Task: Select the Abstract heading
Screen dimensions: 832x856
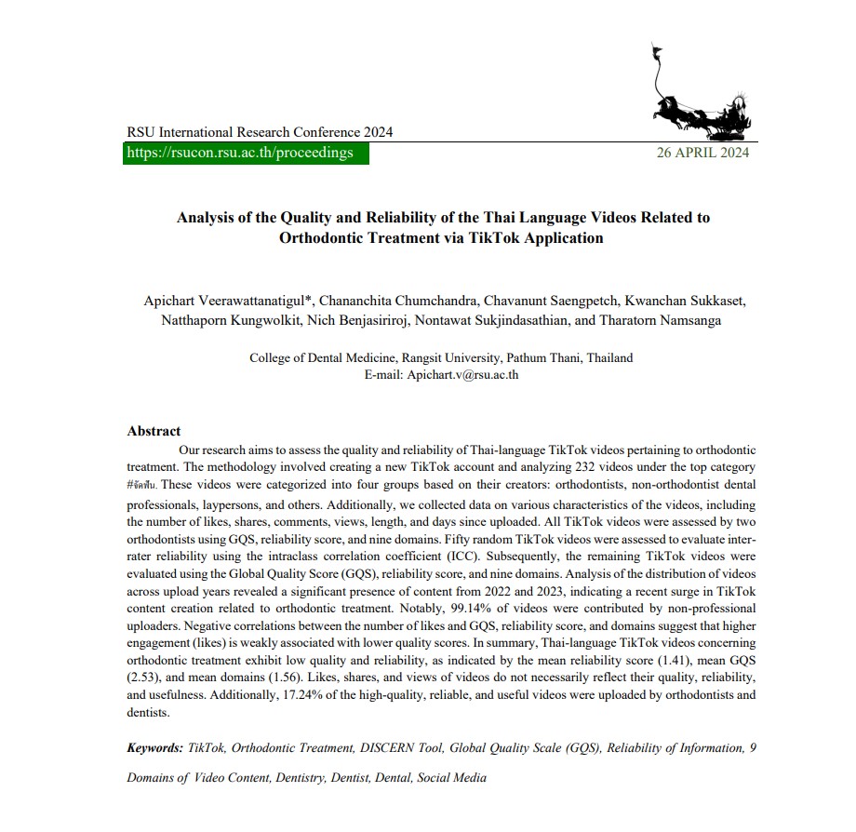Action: click(154, 431)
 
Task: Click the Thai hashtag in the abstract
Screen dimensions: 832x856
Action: click(143, 484)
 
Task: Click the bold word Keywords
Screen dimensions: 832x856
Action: click(154, 747)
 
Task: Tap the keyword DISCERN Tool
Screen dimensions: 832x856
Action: click(402, 747)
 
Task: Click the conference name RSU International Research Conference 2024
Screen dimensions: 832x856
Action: click(260, 132)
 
